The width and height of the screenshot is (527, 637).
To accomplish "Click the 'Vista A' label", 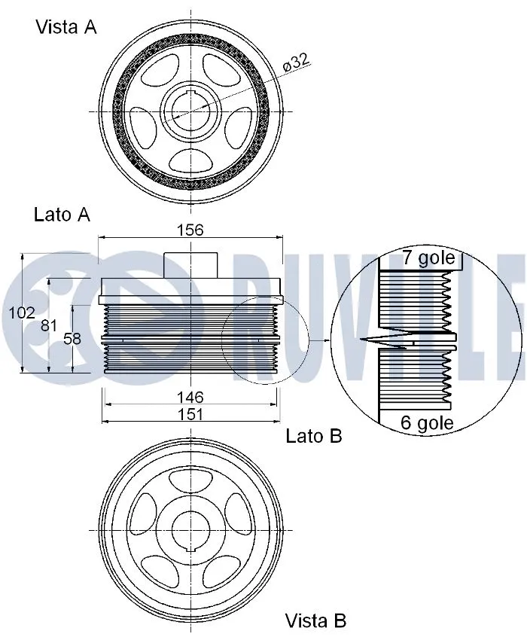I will click(66, 27).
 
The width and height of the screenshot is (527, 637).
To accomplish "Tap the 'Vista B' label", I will click(315, 620).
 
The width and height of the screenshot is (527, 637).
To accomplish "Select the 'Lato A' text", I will click(62, 215).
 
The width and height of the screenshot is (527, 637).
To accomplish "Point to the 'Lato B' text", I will click(314, 435).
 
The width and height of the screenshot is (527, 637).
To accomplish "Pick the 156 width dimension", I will click(190, 230).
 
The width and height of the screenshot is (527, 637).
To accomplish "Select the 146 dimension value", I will click(190, 396).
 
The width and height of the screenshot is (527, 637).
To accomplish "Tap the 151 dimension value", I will click(190, 415).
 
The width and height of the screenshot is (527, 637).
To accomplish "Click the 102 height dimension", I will click(22, 312).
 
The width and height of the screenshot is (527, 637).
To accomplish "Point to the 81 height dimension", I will click(49, 325).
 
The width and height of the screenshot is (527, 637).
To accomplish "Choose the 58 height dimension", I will click(72, 339).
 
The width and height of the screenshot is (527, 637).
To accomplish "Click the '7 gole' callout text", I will click(428, 259).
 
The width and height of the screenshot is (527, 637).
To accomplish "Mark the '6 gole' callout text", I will click(427, 423).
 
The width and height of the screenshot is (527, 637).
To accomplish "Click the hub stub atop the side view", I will click(190, 265).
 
